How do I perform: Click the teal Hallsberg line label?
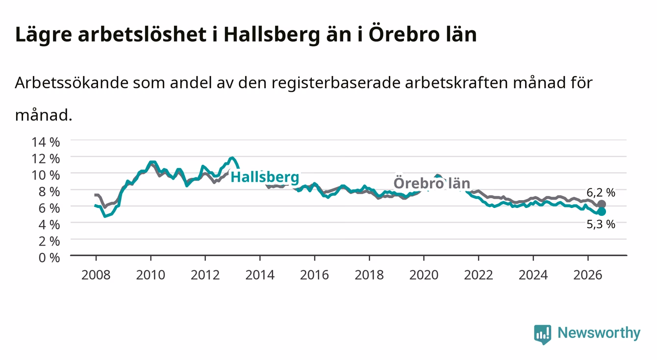coord(265,177)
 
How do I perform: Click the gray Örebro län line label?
coord(432,183)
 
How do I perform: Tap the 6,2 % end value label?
coord(601,192)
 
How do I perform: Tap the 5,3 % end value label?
coord(601,225)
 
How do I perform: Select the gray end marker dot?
coord(602,204)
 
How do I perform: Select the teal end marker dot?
coord(602,211)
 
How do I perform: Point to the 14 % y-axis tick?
coord(46,142)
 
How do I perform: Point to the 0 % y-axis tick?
coord(49,257)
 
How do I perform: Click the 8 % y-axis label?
coord(49,192)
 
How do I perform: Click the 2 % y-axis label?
coord(49,241)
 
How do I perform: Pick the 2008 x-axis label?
coord(96,275)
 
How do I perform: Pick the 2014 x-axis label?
coord(260,275)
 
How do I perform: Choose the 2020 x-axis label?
coord(424,275)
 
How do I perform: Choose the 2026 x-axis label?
coord(588,275)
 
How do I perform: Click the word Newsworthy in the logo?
coord(599,333)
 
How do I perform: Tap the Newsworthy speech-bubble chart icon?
coord(543,334)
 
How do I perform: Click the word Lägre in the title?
coord(44,35)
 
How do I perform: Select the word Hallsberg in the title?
coord(272,35)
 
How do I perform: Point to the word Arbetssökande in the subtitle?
coord(72,83)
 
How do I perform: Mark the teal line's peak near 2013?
coord(232,158)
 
